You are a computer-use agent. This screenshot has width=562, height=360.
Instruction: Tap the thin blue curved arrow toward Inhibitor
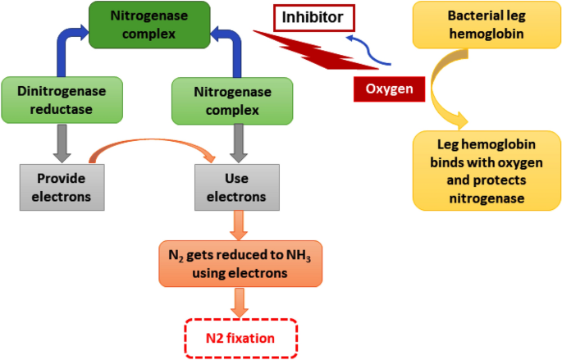[x=365, y=49]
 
